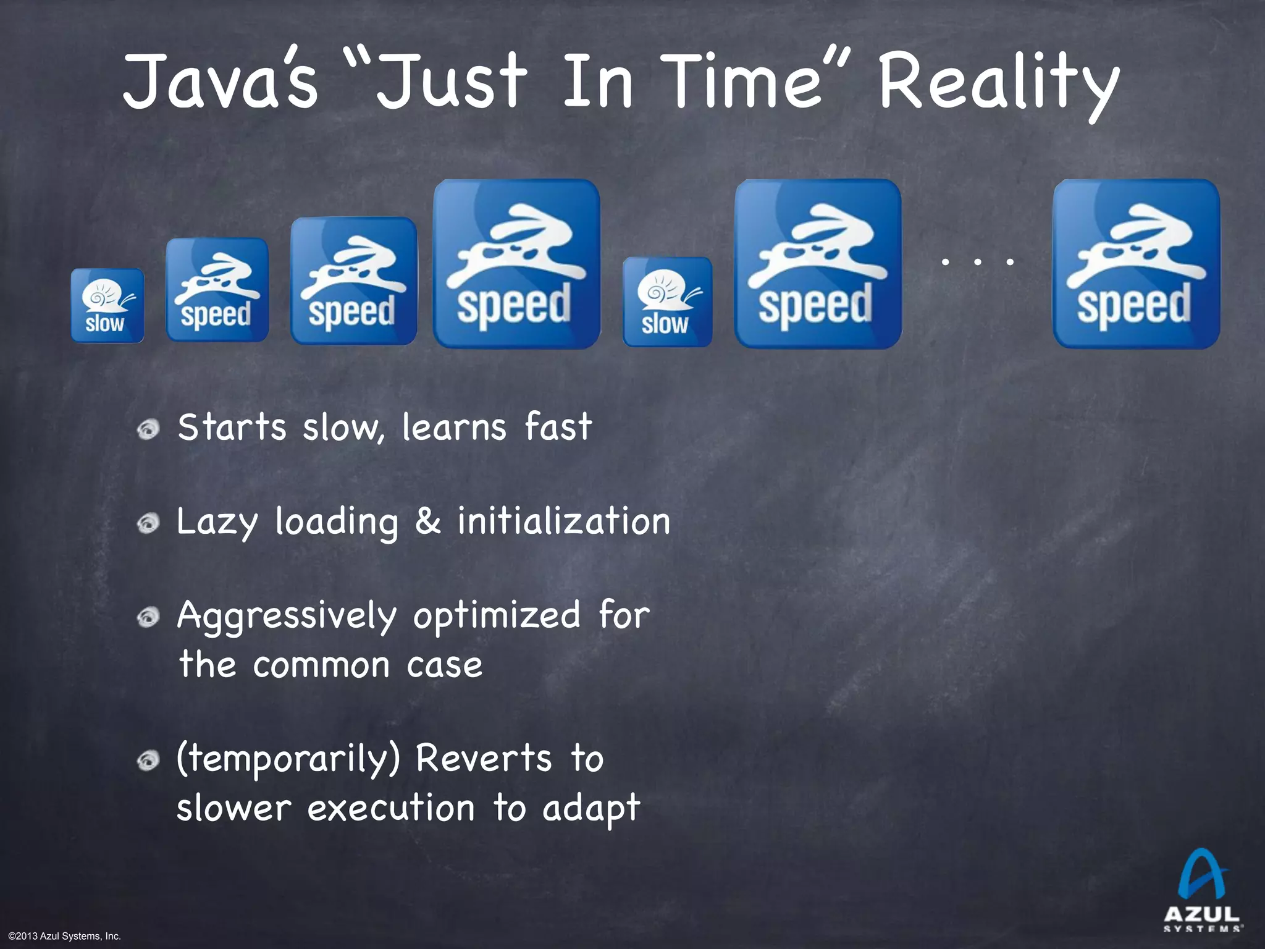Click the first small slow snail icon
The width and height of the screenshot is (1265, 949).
pos(107,305)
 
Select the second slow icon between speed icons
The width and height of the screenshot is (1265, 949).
pos(667,302)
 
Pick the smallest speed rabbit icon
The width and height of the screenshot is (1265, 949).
pos(217,290)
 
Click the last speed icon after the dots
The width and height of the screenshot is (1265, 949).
pos(1135,264)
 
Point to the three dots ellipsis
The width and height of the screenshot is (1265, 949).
pos(977,262)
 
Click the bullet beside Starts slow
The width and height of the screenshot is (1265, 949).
pos(148,428)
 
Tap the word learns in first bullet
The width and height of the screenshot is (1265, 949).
pos(454,427)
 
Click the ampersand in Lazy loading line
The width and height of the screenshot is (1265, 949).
pos(427,521)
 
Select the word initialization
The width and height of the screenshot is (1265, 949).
pos(563,521)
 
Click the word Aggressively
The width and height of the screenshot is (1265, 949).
pos(287,617)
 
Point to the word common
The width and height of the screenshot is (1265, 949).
pos(321,665)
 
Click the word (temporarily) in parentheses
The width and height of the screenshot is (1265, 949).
pos(288,760)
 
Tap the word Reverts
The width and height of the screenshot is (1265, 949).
pos(483,759)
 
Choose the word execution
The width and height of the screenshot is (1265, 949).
pos(391,808)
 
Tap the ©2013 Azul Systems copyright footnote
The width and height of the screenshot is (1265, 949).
pos(65,937)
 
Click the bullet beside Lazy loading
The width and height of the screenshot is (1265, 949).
pos(148,524)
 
